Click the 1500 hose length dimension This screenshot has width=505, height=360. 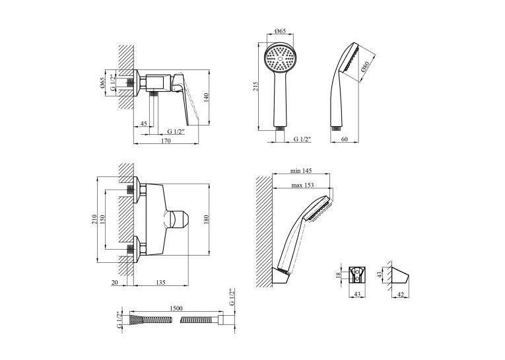pyautogui.click(x=176, y=308)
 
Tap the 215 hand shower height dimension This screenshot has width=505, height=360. pyautogui.click(x=255, y=87)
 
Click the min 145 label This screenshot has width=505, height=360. pyautogui.click(x=301, y=171)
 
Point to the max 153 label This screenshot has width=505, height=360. pyautogui.click(x=302, y=186)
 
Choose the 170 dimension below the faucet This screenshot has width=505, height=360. pyautogui.click(x=166, y=141)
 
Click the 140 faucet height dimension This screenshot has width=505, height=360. pyautogui.click(x=207, y=97)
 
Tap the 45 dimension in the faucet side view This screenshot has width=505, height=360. pyautogui.click(x=144, y=124)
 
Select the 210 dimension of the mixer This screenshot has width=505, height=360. pyautogui.click(x=94, y=219)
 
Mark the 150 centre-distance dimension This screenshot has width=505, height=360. pyautogui.click(x=102, y=219)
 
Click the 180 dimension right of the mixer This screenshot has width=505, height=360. pyautogui.click(x=207, y=219)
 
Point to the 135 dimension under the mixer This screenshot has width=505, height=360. pyautogui.click(x=160, y=282)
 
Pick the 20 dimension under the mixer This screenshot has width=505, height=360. pyautogui.click(x=115, y=282)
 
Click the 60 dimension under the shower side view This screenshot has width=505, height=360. pyautogui.click(x=345, y=139)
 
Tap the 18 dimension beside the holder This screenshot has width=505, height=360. pyautogui.click(x=338, y=275)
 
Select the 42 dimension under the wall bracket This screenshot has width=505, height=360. pyautogui.click(x=401, y=295)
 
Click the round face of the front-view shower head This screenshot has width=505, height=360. pyautogui.click(x=280, y=59)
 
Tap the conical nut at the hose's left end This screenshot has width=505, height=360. pyautogui.click(x=135, y=320)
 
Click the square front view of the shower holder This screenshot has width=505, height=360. pyautogui.click(x=357, y=275)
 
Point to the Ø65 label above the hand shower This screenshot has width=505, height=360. pyautogui.click(x=280, y=31)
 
